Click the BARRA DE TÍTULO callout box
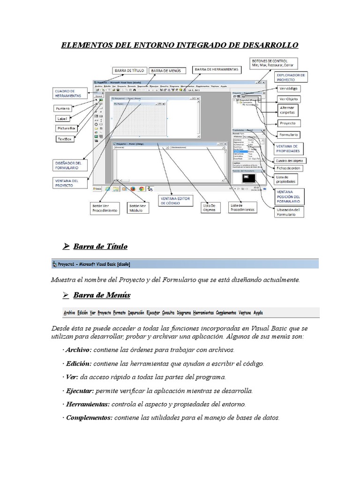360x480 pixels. (x=128, y=70)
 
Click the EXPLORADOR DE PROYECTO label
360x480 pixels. (x=291, y=76)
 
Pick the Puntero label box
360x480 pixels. (x=64, y=108)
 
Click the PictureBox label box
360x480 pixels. (x=67, y=127)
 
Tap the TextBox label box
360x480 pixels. (x=64, y=139)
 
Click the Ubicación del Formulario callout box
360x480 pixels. (x=291, y=212)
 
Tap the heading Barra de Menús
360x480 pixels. (x=102, y=295)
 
